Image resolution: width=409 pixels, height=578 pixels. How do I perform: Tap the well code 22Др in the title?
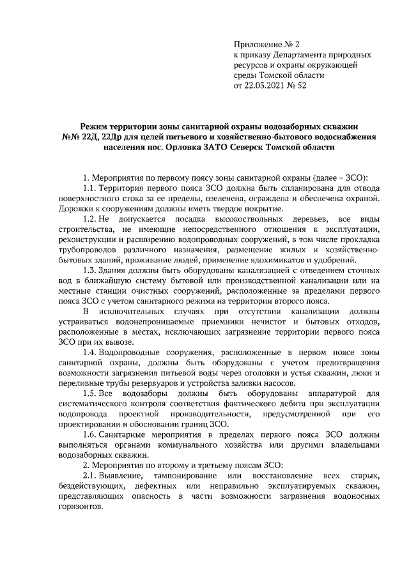106,137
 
